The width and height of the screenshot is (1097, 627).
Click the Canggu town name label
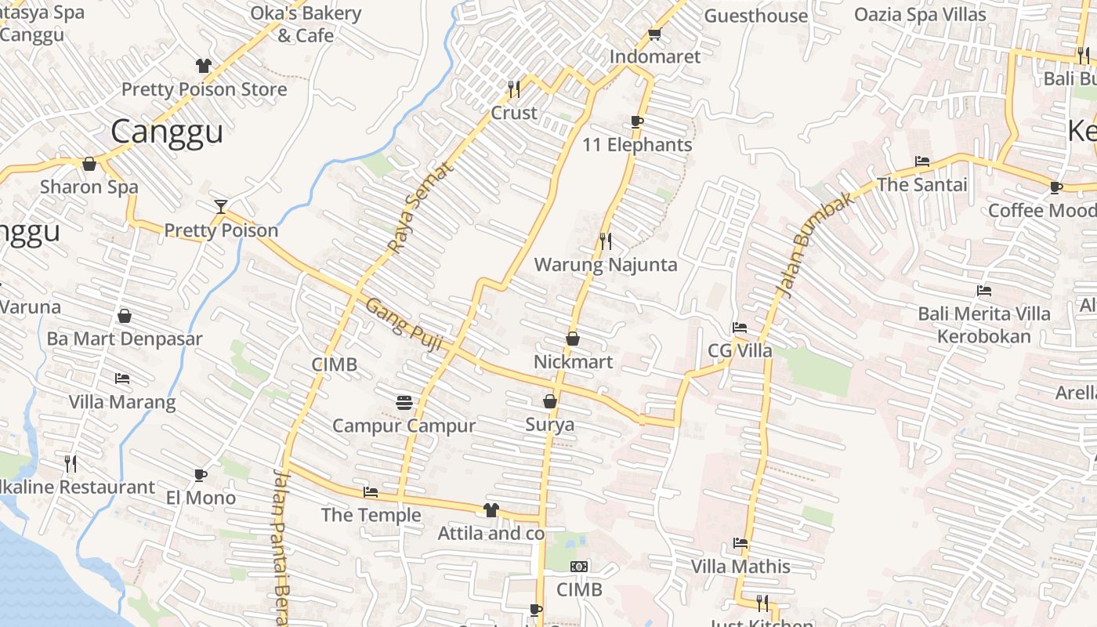(x=166, y=132)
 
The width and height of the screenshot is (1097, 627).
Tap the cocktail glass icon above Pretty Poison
(x=221, y=207)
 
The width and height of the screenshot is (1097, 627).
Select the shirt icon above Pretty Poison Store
(x=204, y=66)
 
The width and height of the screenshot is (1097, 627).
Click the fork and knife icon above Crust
(x=514, y=89)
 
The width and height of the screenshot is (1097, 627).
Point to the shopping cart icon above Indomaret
(x=655, y=34)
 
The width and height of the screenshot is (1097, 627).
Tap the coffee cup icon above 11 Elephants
(x=637, y=121)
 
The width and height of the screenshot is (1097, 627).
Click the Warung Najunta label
(x=605, y=265)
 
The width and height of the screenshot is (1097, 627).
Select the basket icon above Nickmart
(x=573, y=339)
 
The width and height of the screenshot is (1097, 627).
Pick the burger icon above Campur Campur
(x=404, y=403)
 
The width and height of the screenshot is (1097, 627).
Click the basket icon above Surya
(x=550, y=401)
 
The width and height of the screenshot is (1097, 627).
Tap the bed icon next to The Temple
(x=371, y=492)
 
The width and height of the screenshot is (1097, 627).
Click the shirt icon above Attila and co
(x=491, y=510)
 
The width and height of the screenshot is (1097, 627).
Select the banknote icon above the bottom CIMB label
(x=580, y=567)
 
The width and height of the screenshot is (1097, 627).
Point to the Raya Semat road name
(x=421, y=207)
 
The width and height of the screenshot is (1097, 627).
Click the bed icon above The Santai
(x=922, y=161)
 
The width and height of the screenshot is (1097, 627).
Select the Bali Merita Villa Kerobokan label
(x=984, y=325)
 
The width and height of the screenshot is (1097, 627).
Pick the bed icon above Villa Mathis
(x=740, y=542)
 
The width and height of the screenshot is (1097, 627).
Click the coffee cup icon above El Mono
(x=201, y=475)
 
